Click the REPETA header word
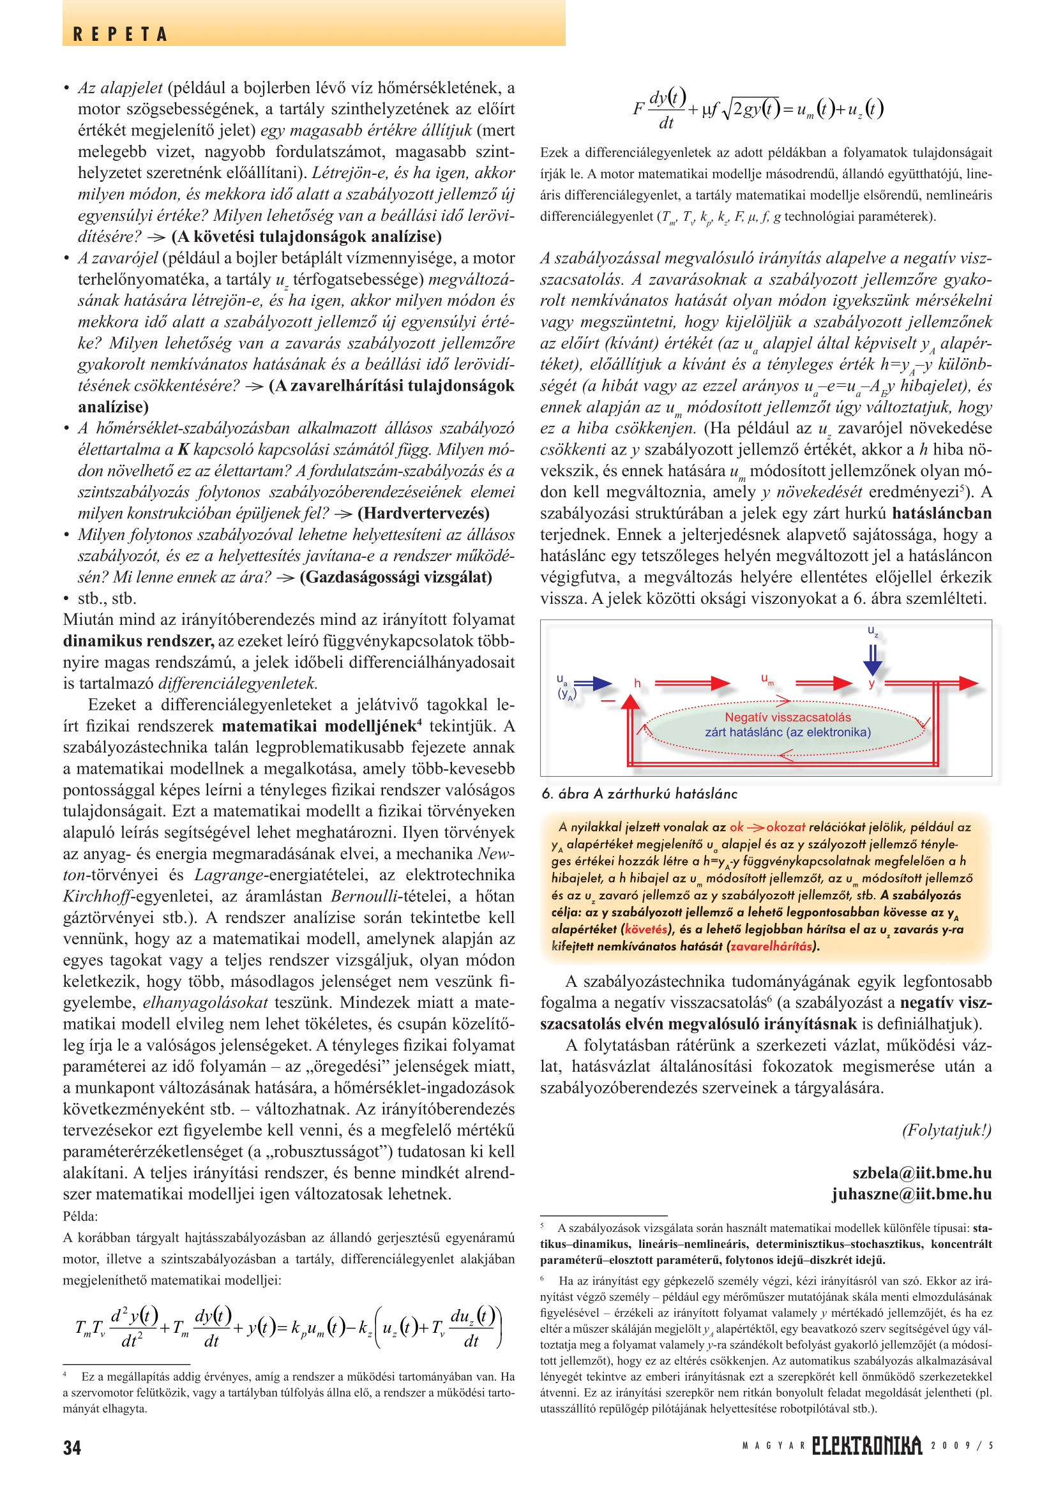click(120, 34)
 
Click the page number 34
click(72, 1448)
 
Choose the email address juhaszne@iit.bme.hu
click(911, 1194)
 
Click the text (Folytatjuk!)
click(946, 1130)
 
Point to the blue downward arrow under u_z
click(873, 660)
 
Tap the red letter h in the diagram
click(637, 684)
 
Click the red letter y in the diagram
click(871, 684)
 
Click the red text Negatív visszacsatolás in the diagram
click(787, 717)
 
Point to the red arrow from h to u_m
click(693, 683)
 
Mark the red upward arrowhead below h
click(630, 701)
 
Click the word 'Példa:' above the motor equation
click(80, 1216)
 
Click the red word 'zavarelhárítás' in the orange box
click(771, 946)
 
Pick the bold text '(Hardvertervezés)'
click(423, 513)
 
